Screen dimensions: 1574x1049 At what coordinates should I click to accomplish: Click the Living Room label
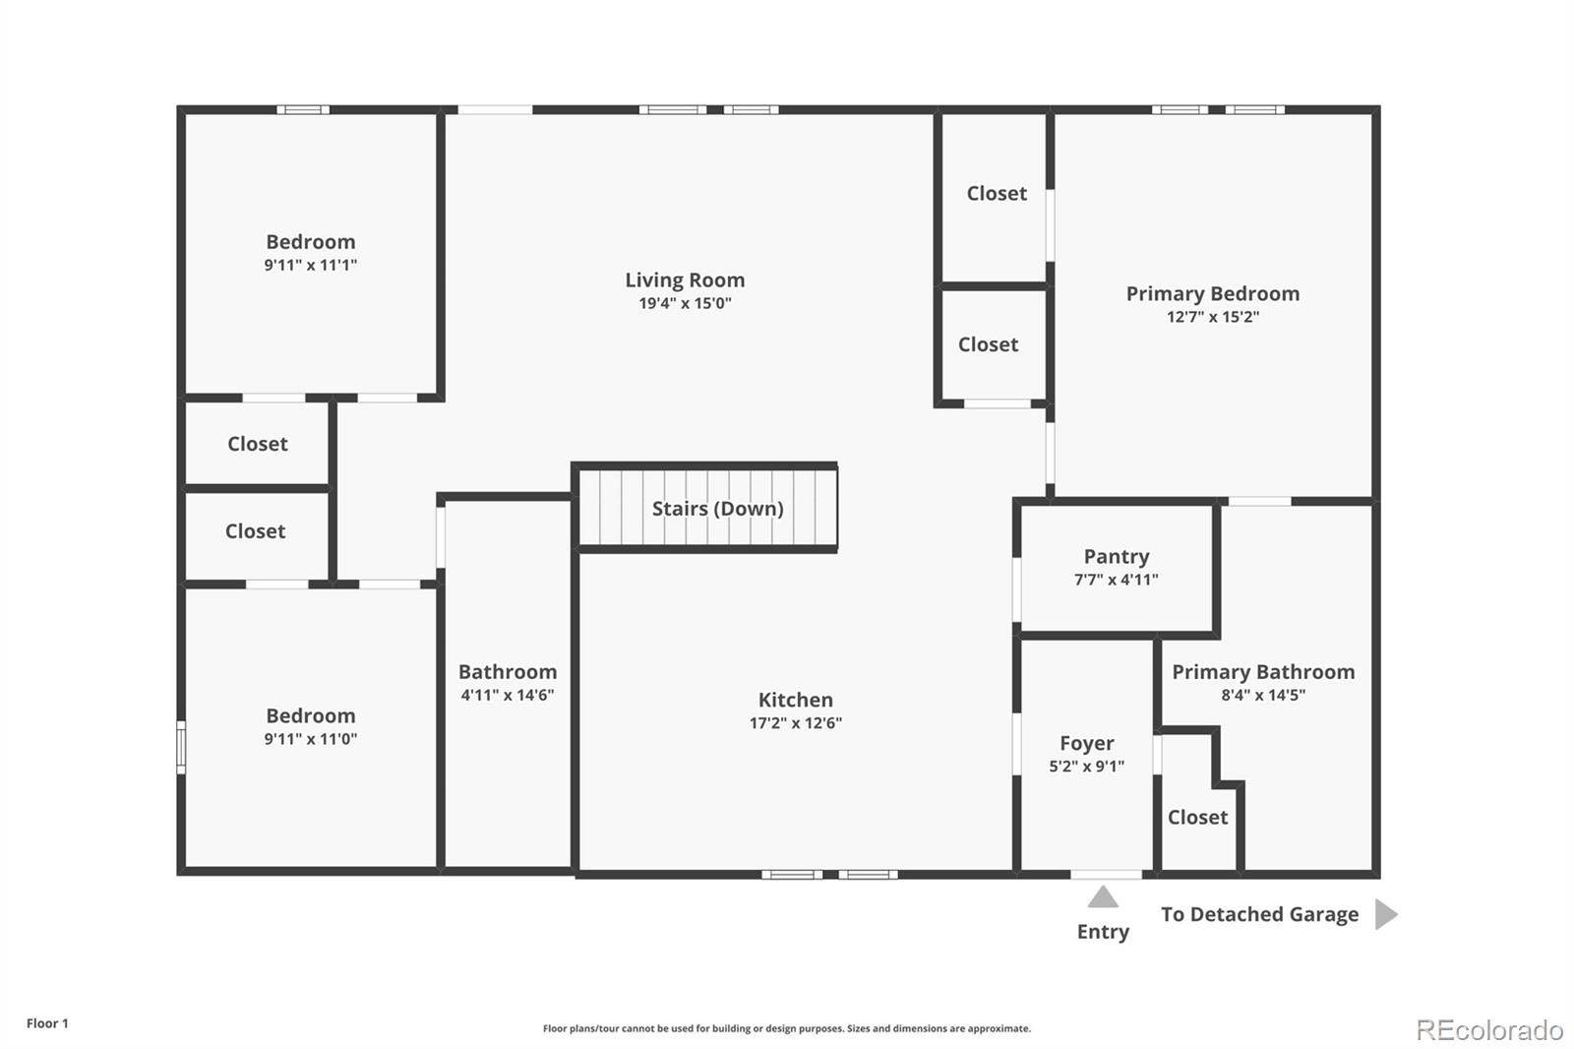(x=685, y=279)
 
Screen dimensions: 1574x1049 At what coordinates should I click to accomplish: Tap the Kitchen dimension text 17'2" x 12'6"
(x=796, y=722)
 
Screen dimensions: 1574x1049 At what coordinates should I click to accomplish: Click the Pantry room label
(x=1117, y=556)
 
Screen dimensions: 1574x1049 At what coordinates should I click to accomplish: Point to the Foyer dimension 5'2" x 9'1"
(x=1086, y=766)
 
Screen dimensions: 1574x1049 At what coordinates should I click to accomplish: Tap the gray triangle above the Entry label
(x=1103, y=896)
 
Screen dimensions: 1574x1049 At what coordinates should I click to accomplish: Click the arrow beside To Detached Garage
(x=1386, y=914)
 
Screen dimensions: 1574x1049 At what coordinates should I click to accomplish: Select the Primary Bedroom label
(x=1213, y=293)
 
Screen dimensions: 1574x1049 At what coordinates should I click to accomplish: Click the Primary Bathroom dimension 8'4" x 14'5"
(x=1263, y=695)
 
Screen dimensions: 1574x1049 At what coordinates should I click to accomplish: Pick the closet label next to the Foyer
(x=1198, y=817)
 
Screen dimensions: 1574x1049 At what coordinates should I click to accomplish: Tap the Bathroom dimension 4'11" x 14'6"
(x=508, y=695)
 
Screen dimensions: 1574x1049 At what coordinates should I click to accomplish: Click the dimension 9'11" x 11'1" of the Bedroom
(x=311, y=265)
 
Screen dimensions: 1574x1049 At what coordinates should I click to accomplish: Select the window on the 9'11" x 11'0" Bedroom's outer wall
(x=181, y=747)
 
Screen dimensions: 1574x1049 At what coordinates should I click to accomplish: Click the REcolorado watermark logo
(x=1489, y=1030)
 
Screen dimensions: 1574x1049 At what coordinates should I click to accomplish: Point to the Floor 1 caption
(x=48, y=1023)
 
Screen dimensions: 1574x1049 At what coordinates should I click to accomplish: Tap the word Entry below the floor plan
(x=1103, y=932)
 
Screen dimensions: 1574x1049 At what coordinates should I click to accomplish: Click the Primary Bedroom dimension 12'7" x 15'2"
(x=1213, y=317)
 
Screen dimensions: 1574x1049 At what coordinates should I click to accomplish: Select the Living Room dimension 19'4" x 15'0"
(x=685, y=303)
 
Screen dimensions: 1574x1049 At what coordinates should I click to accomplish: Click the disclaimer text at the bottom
(x=787, y=1028)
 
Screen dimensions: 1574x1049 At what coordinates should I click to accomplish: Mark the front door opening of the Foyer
(x=1106, y=875)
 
